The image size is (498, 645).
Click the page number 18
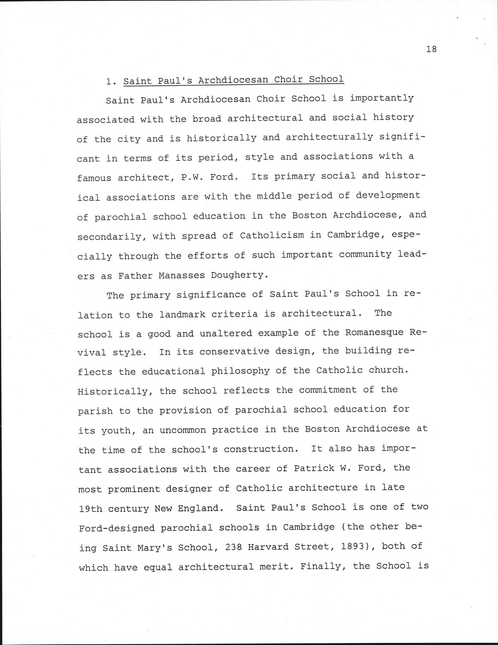(431, 49)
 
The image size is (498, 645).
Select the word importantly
(382, 98)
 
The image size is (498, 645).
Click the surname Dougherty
(239, 275)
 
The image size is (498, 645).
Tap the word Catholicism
(272, 235)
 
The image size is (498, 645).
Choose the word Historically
(113, 392)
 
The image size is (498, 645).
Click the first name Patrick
(313, 468)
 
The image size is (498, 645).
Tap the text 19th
(90, 509)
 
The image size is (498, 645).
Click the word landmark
(182, 314)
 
